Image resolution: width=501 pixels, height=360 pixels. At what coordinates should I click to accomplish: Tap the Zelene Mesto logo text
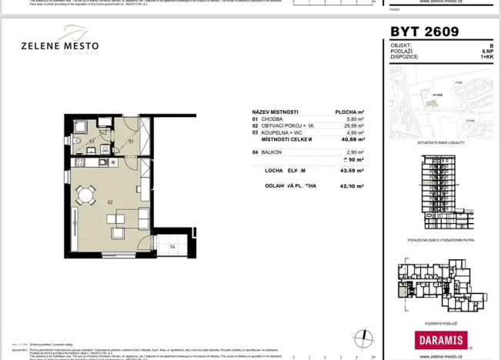pyautogui.click(x=60, y=46)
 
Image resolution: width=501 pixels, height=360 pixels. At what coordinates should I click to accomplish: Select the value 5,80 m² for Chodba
pyautogui.click(x=353, y=119)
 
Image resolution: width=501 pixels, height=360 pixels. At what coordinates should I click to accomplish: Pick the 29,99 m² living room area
pyautogui.click(x=352, y=126)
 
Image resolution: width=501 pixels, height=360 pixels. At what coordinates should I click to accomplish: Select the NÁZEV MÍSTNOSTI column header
pyautogui.click(x=276, y=111)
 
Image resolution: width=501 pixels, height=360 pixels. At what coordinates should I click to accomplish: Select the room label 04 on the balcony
pyautogui.click(x=172, y=247)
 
